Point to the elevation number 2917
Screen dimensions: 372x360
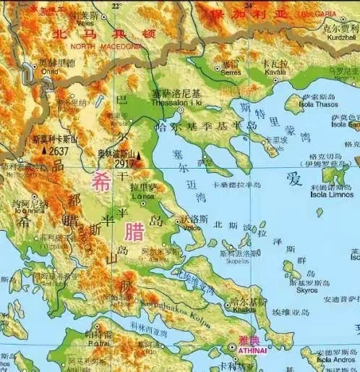point(125,164)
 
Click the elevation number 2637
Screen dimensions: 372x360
point(59,151)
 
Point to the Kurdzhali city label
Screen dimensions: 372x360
point(340,36)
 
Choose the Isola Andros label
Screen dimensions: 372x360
point(333,359)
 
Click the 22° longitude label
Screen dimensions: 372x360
point(116,6)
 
